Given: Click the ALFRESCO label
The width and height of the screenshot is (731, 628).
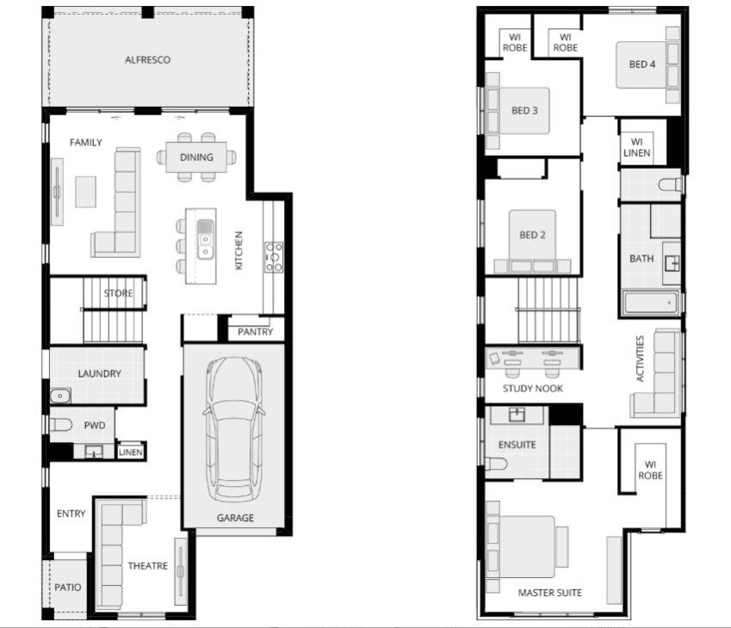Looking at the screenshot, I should coord(147,60).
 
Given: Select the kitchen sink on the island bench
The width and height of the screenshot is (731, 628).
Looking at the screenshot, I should coord(205,238).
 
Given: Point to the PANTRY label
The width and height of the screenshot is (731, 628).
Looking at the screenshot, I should coord(256,331).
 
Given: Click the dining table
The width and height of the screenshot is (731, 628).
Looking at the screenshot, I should coord(196,157).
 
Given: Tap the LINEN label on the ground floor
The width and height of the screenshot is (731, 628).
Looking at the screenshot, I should coord(130,452).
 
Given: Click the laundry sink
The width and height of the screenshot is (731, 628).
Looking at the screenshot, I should coord(60,397).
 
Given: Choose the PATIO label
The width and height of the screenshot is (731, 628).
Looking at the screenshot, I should coord(68,588).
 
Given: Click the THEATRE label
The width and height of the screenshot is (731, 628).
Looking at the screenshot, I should coord(147,566).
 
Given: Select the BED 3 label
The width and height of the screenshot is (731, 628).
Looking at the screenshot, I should coord(524,110).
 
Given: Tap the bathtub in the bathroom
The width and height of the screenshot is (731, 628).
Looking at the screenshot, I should coord(650,303).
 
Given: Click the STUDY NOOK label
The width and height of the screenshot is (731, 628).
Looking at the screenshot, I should coord(532,389).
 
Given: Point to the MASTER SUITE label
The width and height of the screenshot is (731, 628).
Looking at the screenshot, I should coord(549,593).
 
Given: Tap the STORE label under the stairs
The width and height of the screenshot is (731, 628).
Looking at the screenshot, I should coord(119,293).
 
